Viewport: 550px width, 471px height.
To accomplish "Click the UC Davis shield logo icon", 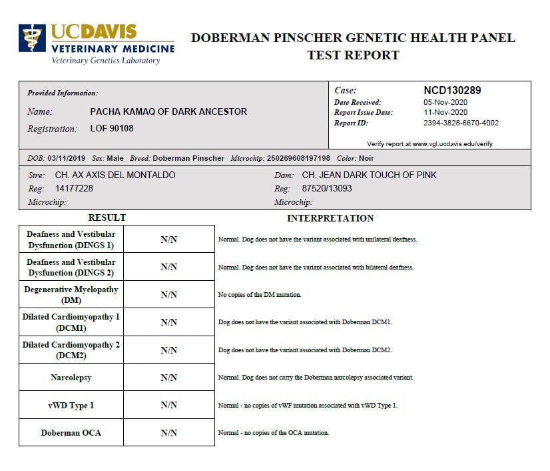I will pyautogui.click(x=32, y=41).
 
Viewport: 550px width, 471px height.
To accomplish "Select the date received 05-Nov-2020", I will pyautogui.click(x=445, y=102).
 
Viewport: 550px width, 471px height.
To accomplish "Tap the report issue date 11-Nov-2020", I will pyautogui.click(x=445, y=113).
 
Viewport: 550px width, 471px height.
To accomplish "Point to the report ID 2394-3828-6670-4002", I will pyautogui.click(x=461, y=123).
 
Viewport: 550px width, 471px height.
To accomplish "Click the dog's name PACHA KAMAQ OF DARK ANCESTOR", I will pyautogui.click(x=168, y=112).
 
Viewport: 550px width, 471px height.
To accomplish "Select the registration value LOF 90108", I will pyautogui.click(x=112, y=129).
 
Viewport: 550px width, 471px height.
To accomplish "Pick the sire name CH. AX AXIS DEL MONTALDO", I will pyautogui.click(x=115, y=175).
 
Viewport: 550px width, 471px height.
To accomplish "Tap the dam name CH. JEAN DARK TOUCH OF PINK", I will pyautogui.click(x=369, y=175).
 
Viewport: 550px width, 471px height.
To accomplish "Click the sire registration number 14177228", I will pyautogui.click(x=74, y=189).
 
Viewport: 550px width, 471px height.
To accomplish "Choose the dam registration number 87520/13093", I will pyautogui.click(x=327, y=189).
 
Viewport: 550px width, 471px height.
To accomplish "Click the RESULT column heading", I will pyautogui.click(x=107, y=217).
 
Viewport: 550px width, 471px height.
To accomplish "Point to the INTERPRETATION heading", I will pyautogui.click(x=330, y=218).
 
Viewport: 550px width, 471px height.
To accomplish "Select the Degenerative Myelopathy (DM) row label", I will pyautogui.click(x=71, y=295).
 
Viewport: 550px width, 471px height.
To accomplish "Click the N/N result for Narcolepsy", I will pyautogui.click(x=169, y=378).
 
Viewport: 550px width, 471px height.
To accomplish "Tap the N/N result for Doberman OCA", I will pyautogui.click(x=169, y=433).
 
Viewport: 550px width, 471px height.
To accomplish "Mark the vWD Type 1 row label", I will pyautogui.click(x=72, y=406).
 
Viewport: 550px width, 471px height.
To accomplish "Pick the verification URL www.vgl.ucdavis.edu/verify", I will pyautogui.click(x=452, y=144).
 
